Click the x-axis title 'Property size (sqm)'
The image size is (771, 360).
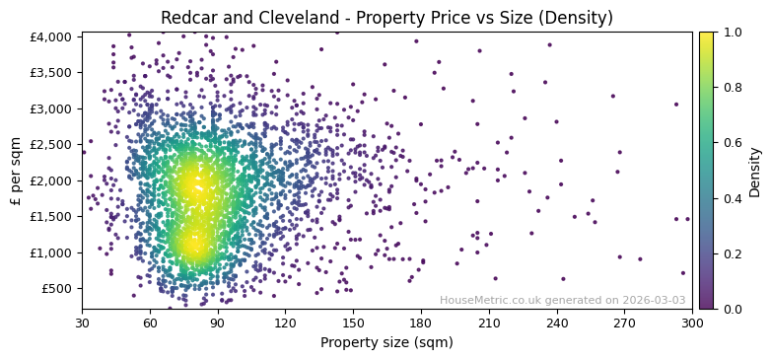pos(386,343)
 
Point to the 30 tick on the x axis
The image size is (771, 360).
pos(82,322)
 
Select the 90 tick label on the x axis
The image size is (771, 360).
pos(217,322)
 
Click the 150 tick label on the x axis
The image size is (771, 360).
pos(353,322)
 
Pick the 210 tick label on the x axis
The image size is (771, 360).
pos(489,322)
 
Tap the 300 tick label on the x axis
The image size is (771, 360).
pos(692,322)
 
